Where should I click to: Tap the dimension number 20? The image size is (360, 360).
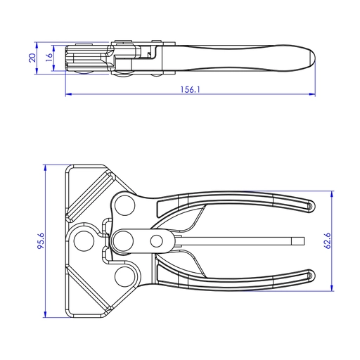pos(32,58)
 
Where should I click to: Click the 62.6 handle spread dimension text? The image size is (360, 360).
pos(326,240)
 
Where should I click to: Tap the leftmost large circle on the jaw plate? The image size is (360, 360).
pos(86,240)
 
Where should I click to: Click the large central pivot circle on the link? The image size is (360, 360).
pos(126,240)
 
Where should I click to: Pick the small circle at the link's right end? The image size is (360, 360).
pos(157,241)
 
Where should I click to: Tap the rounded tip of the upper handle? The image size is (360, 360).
pos(310,206)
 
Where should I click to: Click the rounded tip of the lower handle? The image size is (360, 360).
pos(310,276)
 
